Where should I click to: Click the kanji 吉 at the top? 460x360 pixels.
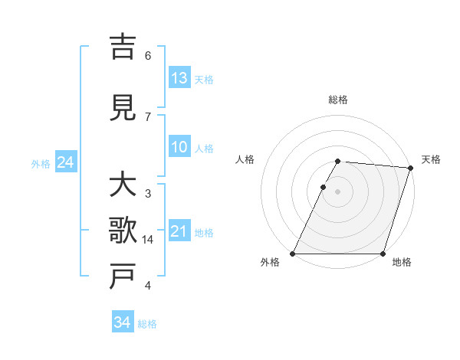click(123, 47)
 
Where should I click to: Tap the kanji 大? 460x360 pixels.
click(123, 185)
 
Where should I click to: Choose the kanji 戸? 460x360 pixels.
click(123, 277)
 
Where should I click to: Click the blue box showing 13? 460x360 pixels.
click(179, 78)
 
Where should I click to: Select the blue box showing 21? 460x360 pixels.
click(179, 231)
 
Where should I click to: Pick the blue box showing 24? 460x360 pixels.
click(66, 162)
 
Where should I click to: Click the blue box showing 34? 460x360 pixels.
click(123, 322)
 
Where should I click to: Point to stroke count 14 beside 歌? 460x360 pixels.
click(149, 240)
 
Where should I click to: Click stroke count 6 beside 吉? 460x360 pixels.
click(148, 55)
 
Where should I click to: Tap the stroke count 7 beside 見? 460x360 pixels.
click(148, 116)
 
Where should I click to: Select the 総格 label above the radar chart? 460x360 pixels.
click(338, 100)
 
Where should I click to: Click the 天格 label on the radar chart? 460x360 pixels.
click(432, 159)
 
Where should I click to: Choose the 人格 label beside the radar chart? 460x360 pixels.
click(245, 159)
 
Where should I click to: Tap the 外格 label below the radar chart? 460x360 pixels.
click(270, 262)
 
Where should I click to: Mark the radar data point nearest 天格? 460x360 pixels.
click(410, 168)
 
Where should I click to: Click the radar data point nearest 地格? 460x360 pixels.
click(383, 254)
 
